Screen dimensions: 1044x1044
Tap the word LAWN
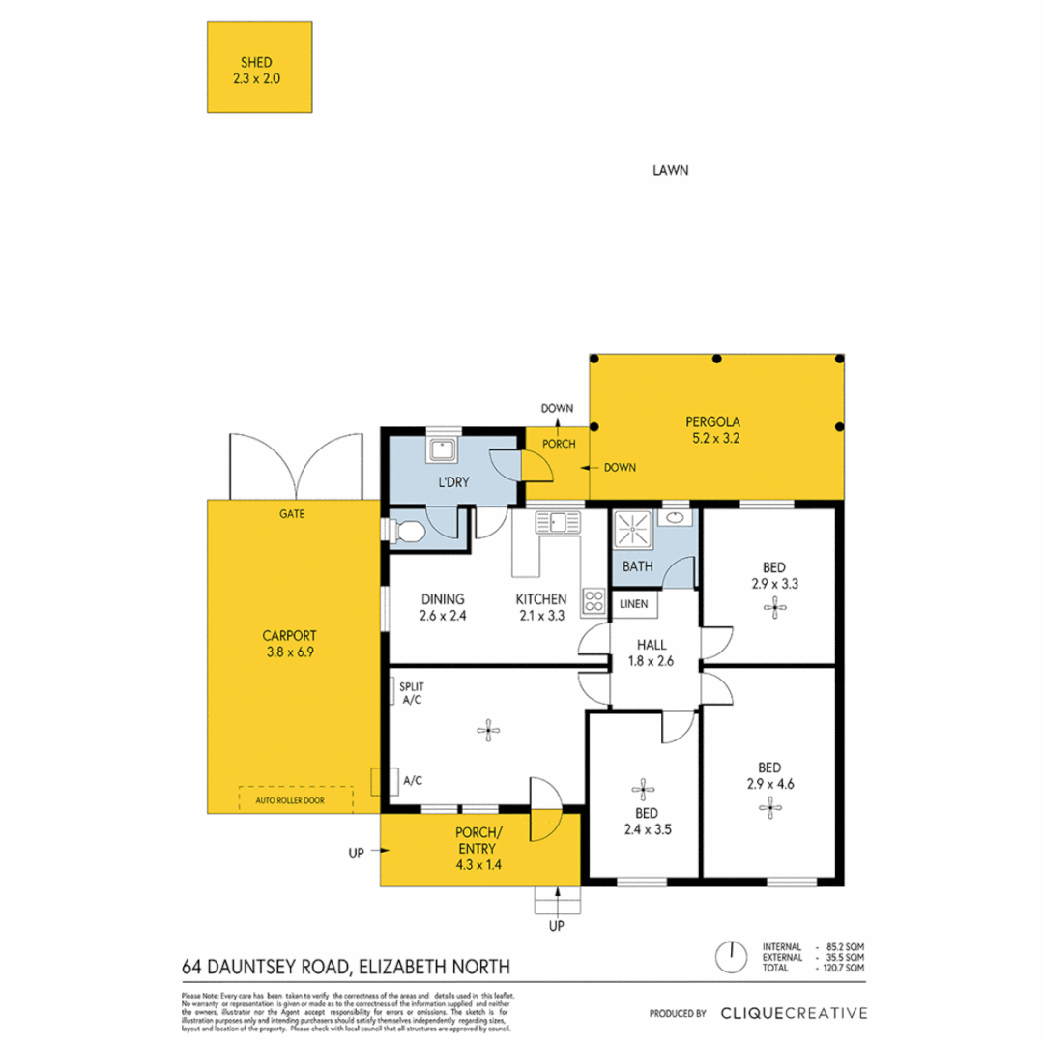669,171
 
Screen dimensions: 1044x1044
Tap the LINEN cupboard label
634,604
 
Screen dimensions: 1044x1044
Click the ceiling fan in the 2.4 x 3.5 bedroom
639,787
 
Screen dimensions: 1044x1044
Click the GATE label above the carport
291,514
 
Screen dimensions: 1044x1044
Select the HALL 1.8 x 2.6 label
654,653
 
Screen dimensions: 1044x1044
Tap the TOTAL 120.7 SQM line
812,968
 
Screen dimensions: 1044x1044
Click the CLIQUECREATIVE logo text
793,1013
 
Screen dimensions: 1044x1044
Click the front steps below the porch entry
558,900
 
